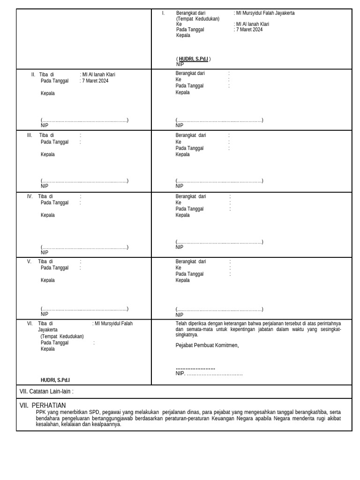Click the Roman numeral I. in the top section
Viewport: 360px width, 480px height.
click(163, 13)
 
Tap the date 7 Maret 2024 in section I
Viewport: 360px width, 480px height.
click(249, 30)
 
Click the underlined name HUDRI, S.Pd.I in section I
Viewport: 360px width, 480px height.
click(193, 59)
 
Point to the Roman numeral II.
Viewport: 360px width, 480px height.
click(33, 75)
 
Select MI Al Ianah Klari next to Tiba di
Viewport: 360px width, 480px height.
click(98, 75)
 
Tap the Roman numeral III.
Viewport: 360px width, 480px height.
click(30, 135)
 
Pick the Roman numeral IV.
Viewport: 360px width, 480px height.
click(30, 196)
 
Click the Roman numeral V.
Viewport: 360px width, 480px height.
click(29, 262)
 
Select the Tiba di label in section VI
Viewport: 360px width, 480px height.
click(45, 323)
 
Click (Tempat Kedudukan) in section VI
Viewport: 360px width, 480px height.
click(62, 337)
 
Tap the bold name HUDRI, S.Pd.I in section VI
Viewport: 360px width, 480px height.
click(55, 380)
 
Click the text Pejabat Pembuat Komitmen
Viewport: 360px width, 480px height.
click(207, 345)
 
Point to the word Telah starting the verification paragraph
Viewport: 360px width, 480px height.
click(181, 323)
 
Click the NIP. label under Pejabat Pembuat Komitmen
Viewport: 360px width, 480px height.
click(180, 374)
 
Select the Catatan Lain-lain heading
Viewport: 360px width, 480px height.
click(46, 391)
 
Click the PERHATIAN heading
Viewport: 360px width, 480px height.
click(49, 405)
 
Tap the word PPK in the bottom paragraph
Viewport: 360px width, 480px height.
click(41, 412)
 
